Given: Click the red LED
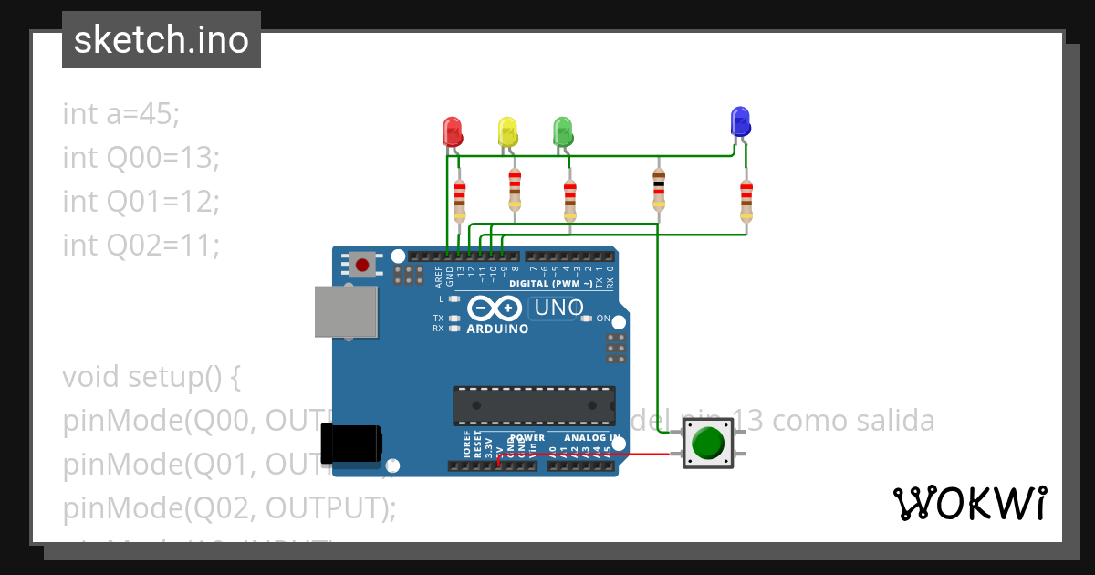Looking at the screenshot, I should pos(452,131).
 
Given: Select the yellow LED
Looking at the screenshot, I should pos(507,131).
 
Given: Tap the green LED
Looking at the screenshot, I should pos(563,131).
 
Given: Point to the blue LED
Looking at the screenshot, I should pos(740,121).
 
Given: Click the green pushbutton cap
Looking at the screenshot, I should pos(708,443).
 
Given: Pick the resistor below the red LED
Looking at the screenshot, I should pos(459,199).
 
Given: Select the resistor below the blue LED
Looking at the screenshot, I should pos(746,199).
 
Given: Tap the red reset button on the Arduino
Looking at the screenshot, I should pos(362,265).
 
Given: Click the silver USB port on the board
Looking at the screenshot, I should pos(346,311).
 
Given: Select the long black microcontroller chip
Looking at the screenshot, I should pos(534,405).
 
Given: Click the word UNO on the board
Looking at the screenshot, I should pos(558,308).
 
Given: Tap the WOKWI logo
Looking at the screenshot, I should pos(969,503).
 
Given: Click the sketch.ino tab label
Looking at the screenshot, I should pos(162,40).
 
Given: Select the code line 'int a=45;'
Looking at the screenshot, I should pos(121,114).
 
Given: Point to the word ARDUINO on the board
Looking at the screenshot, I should pos(497,329).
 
